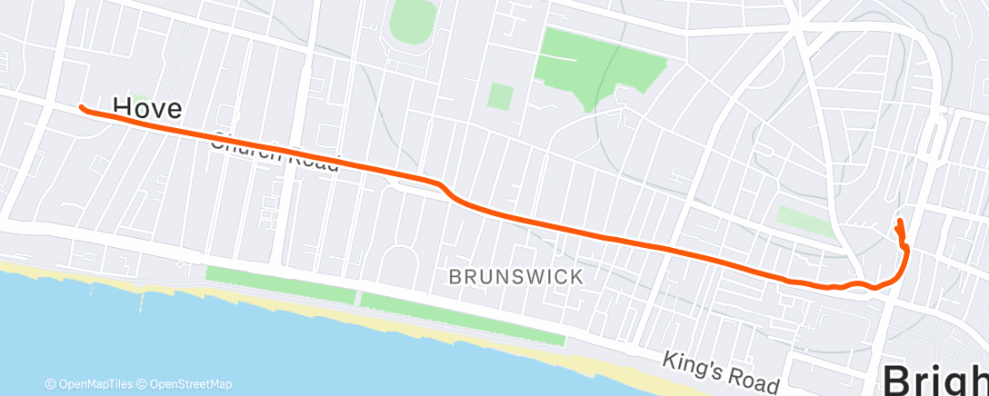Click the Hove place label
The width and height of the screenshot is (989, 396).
(x=147, y=109)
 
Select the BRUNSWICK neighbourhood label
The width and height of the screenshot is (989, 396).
(x=515, y=277)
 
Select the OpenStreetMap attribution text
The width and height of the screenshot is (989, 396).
(x=185, y=384)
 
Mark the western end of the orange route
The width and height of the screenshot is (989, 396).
(x=82, y=108)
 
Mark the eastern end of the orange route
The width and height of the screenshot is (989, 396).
(x=899, y=221)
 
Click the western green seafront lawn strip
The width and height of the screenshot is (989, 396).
(x=280, y=283)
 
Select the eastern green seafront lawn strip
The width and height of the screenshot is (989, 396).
(x=462, y=319)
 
